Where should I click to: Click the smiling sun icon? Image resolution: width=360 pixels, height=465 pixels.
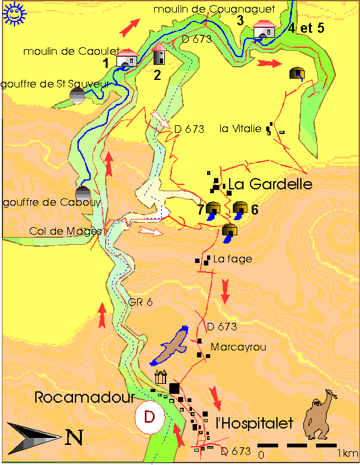coord(13,13)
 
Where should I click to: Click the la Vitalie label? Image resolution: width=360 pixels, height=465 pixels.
coord(240,128)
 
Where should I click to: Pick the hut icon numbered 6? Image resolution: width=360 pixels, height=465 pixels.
coord(240,209)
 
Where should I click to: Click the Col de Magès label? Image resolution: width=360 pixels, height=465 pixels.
coord(65,231)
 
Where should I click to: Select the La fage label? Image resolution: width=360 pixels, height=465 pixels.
coord(232,259)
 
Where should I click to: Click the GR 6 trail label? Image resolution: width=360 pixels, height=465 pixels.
coord(140,302)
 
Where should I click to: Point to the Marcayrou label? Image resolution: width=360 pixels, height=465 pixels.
coord(233,347)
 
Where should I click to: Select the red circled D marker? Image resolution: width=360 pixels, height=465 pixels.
coord(149,417)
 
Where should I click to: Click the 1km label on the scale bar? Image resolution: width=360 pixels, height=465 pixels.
coord(347,453)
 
